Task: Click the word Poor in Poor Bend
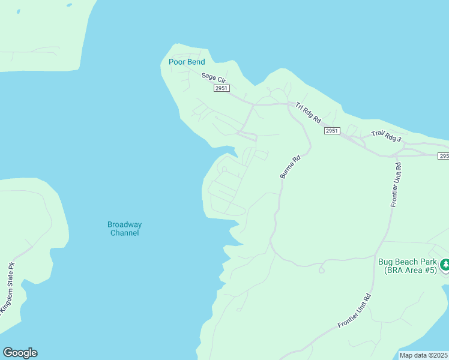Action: point(178,62)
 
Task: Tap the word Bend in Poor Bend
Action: point(196,62)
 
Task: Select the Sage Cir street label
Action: point(212,77)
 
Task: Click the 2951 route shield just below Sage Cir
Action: point(221,88)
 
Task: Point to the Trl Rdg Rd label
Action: point(308,113)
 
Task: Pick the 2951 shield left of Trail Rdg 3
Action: point(332,131)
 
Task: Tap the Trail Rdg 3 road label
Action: point(385,137)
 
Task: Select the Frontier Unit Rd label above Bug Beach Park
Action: point(395,184)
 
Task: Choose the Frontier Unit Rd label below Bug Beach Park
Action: point(354,311)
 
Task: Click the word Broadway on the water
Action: point(124,224)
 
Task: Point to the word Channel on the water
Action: point(124,233)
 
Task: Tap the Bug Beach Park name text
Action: point(407,262)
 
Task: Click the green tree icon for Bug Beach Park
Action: point(445,264)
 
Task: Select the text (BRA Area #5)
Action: point(411,271)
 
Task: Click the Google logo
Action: point(20,353)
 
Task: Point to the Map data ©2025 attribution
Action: point(423,355)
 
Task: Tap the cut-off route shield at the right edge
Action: point(444,156)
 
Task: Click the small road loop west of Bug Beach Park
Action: point(321,270)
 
